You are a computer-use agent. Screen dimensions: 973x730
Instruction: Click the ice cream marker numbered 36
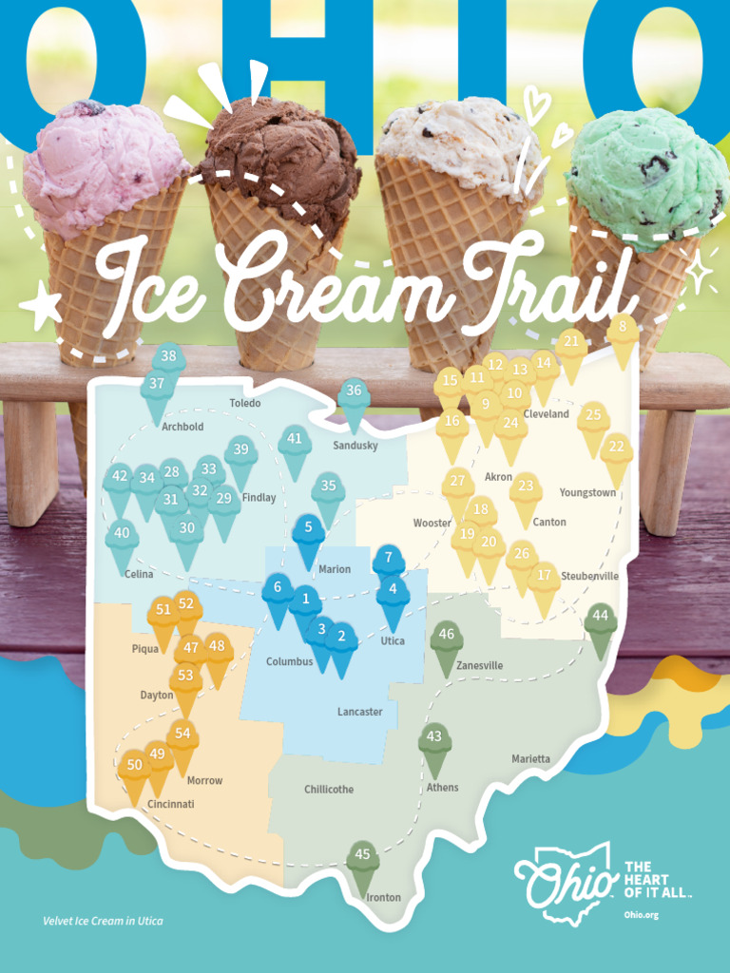point(354,392)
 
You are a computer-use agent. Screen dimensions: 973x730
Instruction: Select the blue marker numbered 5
point(309,529)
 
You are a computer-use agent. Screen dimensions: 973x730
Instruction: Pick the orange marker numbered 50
point(135,767)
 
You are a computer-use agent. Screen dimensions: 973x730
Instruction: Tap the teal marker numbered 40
point(122,536)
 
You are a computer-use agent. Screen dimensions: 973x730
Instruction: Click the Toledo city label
point(244,404)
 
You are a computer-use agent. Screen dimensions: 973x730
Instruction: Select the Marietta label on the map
point(530,759)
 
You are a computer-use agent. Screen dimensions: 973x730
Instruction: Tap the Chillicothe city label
point(329,790)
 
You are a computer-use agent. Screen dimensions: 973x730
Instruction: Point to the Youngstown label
point(587,493)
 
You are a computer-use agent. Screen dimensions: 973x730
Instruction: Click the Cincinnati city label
point(171,804)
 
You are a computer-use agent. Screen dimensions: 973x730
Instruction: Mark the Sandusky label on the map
point(355,446)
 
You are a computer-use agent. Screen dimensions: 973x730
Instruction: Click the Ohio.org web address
point(642,915)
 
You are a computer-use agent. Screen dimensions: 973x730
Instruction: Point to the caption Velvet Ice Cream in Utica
point(103,922)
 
